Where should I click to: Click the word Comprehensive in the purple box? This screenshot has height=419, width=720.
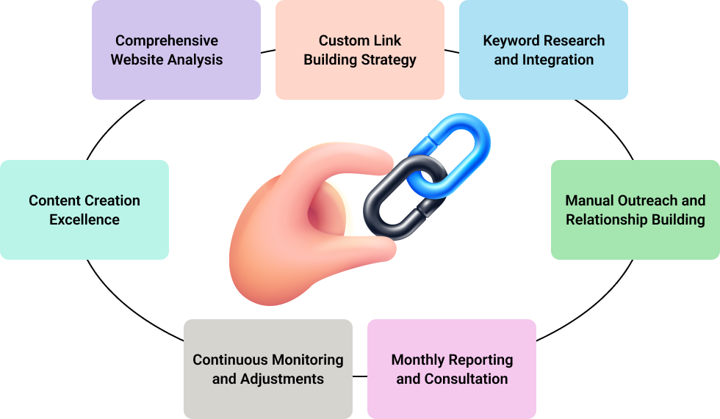[x=166, y=41]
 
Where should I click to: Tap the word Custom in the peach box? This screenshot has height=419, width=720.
[x=340, y=41]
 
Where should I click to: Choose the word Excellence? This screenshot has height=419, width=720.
[x=84, y=219]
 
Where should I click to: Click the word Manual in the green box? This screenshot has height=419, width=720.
[x=589, y=200]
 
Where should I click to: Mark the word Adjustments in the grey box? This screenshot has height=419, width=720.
[x=282, y=379]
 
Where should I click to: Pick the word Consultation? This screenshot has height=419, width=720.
[x=466, y=379]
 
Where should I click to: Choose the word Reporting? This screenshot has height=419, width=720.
[x=480, y=360]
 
